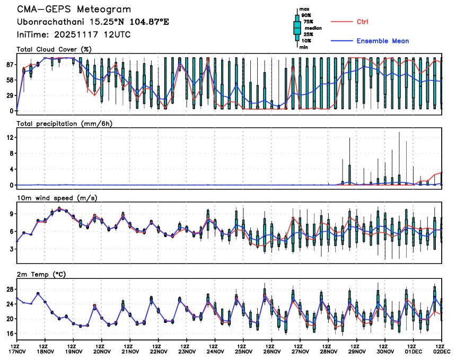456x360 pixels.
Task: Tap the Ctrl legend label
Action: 362,22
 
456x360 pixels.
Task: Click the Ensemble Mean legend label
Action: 382,41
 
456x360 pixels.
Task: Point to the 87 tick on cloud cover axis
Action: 10,65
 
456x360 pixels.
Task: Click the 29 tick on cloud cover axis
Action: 10,95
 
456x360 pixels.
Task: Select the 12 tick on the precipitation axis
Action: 10,137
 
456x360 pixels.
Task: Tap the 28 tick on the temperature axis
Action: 10,289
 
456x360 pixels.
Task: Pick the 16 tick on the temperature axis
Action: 10,333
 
